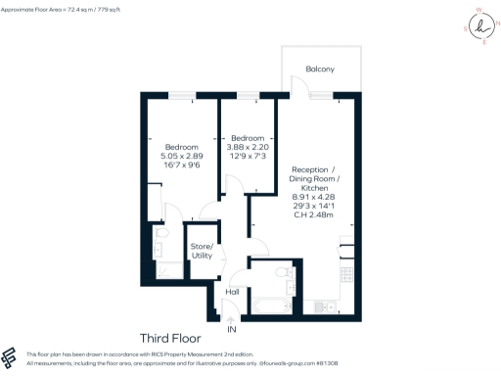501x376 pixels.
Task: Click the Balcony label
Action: point(319,69)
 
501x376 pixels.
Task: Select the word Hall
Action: point(232,292)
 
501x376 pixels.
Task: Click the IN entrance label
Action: point(232,329)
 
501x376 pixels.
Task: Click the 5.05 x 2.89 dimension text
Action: point(181,156)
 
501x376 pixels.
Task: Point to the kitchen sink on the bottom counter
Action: point(323,307)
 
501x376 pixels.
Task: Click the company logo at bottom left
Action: point(10,357)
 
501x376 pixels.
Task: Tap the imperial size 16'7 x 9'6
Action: point(181,165)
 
